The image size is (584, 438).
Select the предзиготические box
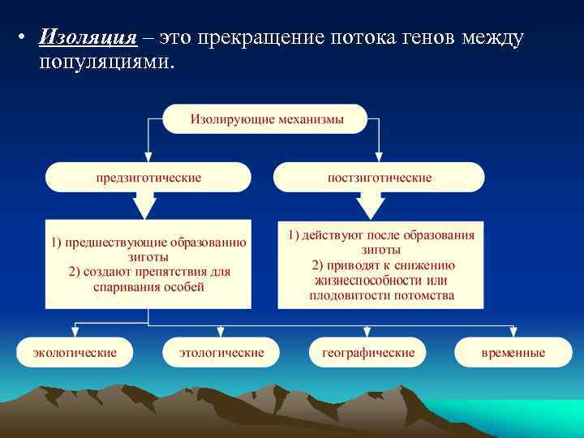(x=148, y=177)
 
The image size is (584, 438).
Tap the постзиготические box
(x=379, y=177)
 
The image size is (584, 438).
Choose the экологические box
(x=75, y=353)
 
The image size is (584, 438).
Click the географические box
(x=367, y=353)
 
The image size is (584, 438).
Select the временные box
(x=513, y=353)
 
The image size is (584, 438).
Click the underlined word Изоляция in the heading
(x=87, y=38)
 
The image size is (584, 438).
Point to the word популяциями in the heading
(x=105, y=62)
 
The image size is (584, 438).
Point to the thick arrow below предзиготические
(x=147, y=206)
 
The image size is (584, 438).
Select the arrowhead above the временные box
(x=513, y=331)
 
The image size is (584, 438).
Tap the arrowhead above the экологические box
(x=75, y=331)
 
